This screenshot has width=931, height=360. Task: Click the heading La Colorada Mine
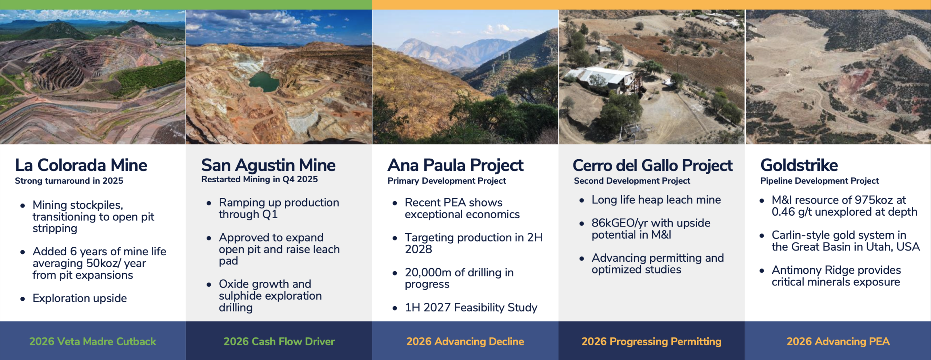[81, 165]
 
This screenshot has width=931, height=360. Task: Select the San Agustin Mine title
[268, 165]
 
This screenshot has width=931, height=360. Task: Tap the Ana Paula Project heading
[455, 165]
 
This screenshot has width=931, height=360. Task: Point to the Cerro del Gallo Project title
[652, 165]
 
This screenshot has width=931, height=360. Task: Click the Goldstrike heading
[799, 165]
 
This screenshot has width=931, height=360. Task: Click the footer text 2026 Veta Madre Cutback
[93, 341]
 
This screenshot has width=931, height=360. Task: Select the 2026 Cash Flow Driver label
[279, 341]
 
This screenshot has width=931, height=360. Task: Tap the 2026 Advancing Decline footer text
[465, 341]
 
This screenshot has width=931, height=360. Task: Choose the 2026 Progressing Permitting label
[651, 341]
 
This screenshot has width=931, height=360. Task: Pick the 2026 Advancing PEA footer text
[838, 341]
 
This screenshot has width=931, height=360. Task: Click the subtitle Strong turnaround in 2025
[69, 181]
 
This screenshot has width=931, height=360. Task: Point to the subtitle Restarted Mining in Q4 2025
[260, 179]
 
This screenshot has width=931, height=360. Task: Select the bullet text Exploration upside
[80, 298]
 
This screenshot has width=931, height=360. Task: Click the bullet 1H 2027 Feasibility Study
[471, 308]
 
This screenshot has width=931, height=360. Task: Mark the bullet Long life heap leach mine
[656, 200]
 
